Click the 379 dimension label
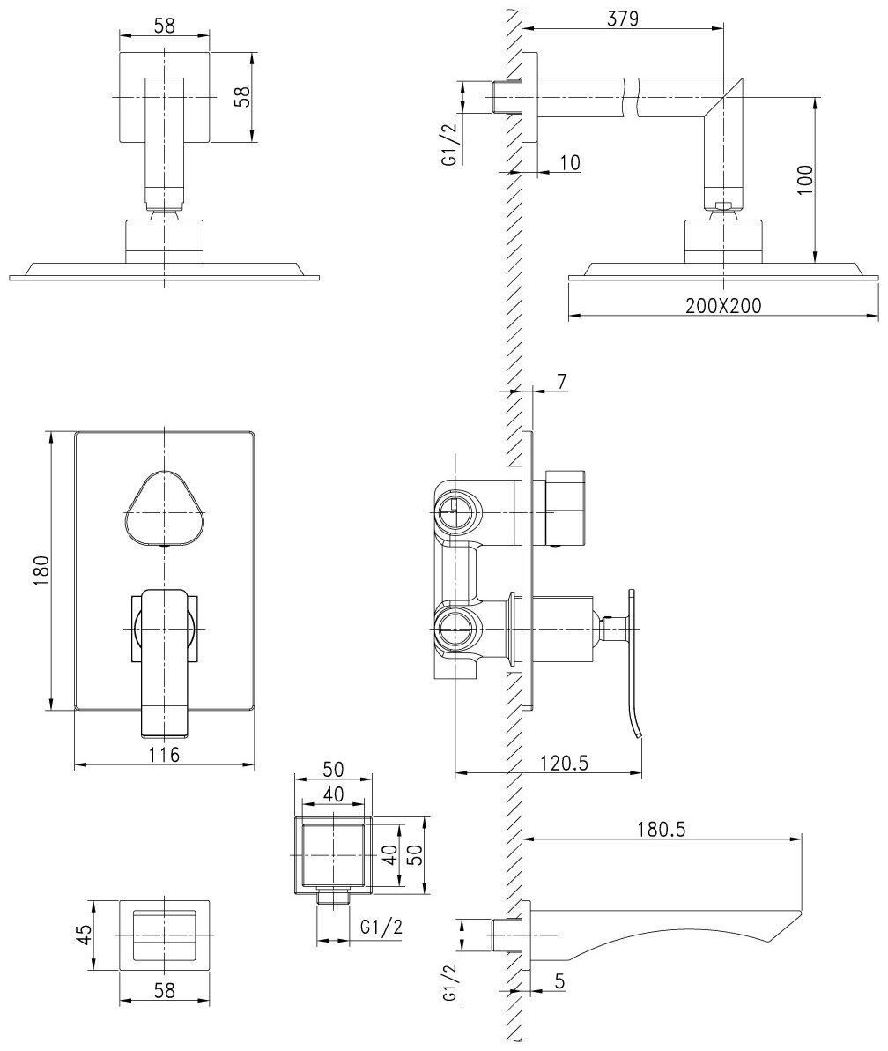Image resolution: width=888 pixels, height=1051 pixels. (622, 18)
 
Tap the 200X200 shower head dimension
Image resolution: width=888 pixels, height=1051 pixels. (723, 306)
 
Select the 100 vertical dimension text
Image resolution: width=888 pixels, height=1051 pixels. (804, 180)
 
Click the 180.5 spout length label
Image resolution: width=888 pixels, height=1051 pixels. (662, 829)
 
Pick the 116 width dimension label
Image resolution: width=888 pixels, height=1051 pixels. (164, 754)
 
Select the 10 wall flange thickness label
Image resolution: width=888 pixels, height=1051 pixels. (569, 162)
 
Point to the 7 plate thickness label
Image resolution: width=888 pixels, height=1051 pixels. (561, 381)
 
